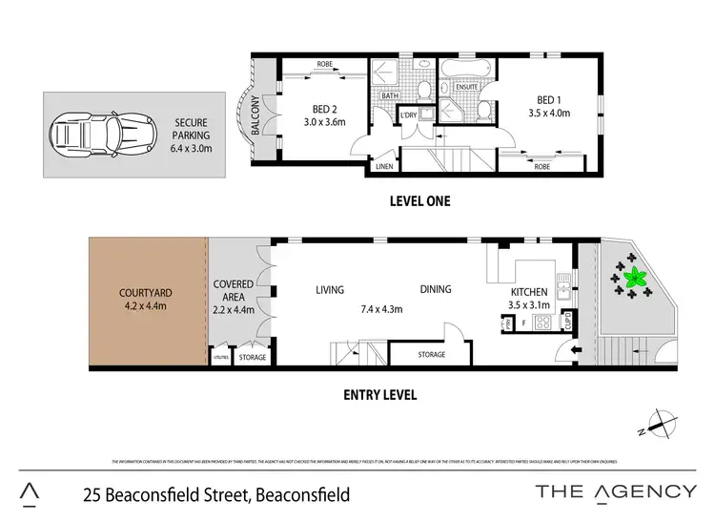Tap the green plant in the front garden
[x=633, y=280]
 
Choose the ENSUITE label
[x=466, y=88]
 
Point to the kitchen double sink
[x=563, y=284]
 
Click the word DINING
[x=435, y=289]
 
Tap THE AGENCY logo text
[x=614, y=491]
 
